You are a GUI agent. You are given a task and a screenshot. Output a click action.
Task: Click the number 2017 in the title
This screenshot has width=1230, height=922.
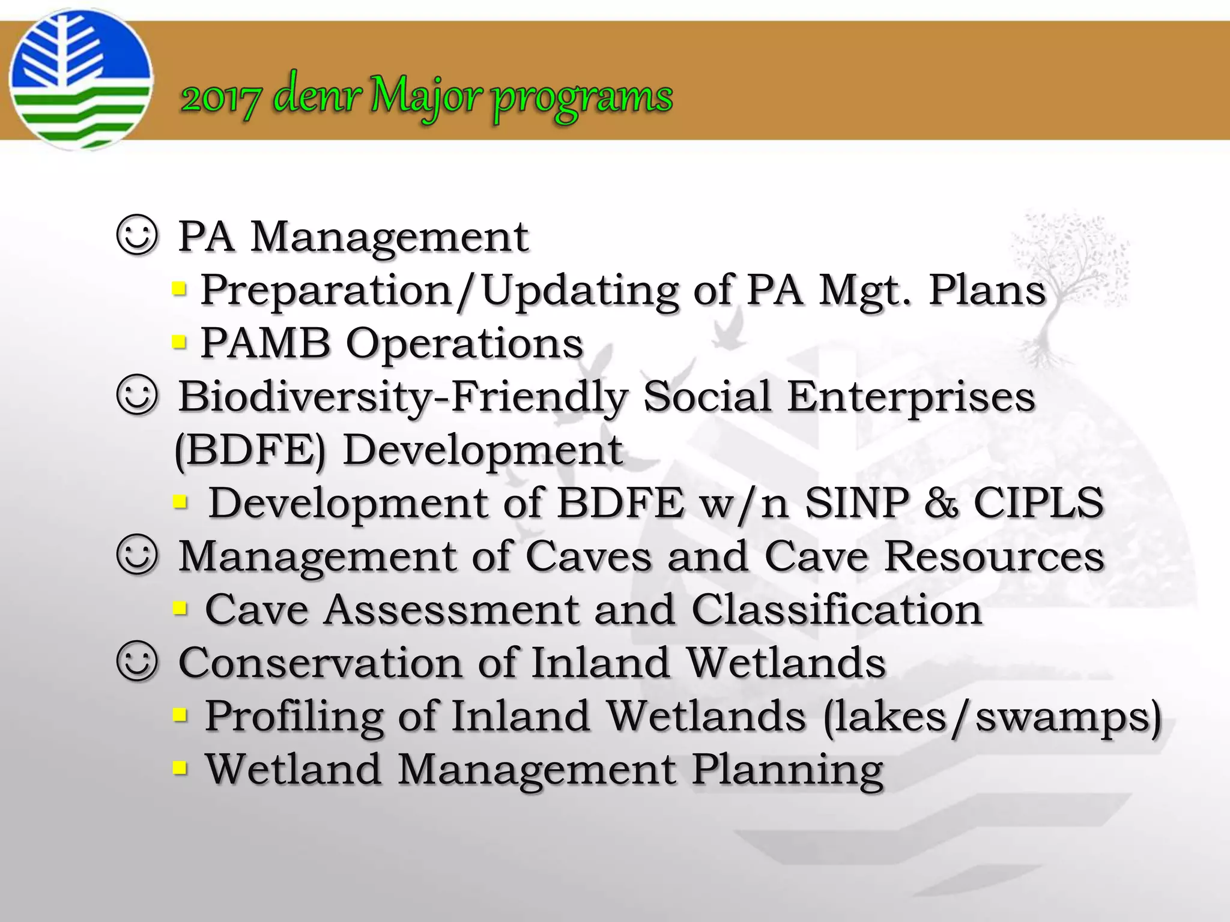point(220,98)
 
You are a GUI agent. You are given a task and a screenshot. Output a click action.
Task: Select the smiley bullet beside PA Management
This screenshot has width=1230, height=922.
point(138,237)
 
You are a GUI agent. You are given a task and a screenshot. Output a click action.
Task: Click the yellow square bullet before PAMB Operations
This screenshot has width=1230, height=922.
point(179,343)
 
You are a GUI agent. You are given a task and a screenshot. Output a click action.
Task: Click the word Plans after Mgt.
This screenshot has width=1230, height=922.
point(987,291)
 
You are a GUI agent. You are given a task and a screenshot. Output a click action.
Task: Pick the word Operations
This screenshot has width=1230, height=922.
point(464,344)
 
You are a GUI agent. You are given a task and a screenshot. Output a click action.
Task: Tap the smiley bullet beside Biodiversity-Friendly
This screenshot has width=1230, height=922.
point(138,396)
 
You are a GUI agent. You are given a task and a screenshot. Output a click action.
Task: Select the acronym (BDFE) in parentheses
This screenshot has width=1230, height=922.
point(249,450)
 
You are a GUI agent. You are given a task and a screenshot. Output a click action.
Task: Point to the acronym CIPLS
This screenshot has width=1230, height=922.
point(1038,502)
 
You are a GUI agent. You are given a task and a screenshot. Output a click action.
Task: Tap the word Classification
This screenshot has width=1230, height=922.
point(836,610)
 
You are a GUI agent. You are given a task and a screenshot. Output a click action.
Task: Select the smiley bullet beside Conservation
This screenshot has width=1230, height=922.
point(138,662)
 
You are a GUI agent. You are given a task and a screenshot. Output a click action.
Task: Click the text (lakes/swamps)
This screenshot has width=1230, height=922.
point(992,717)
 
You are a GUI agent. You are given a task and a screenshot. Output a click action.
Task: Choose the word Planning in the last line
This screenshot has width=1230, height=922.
point(787,770)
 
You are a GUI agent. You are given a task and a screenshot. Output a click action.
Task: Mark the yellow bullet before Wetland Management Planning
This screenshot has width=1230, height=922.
point(179,768)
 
